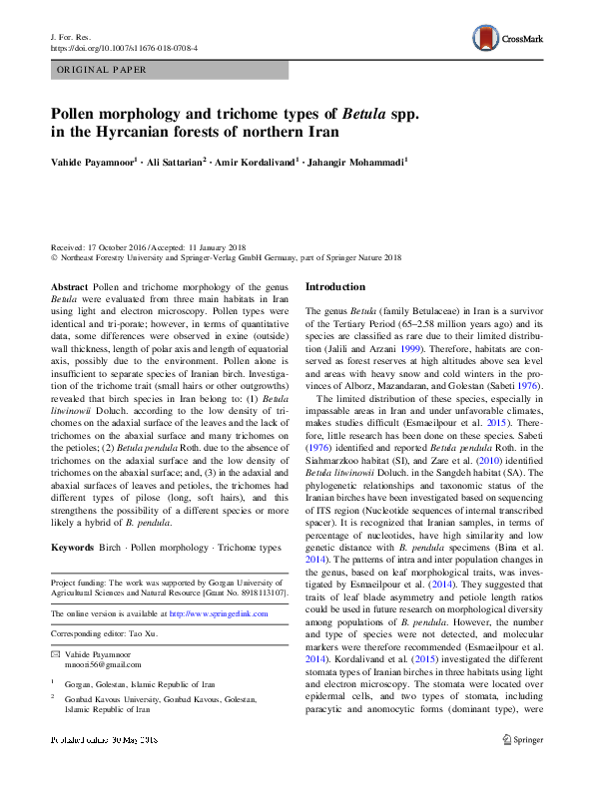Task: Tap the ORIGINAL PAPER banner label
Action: pyautogui.click(x=103, y=70)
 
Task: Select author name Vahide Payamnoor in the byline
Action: pyautogui.click(x=99, y=161)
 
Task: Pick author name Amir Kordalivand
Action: pyautogui.click(x=259, y=161)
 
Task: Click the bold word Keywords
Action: pyautogui.click(x=73, y=549)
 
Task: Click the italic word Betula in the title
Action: pyautogui.click(x=367, y=112)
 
